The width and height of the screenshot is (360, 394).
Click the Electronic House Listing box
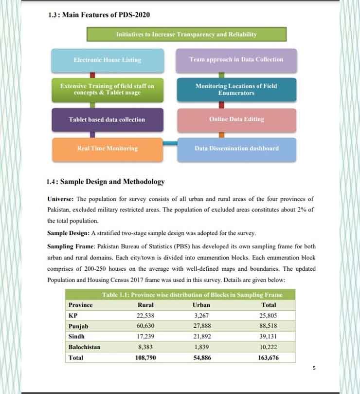(x=108, y=60)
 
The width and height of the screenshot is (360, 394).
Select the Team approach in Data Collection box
(x=236, y=59)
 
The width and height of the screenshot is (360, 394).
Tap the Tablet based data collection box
(x=107, y=119)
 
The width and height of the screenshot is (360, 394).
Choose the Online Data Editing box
(x=236, y=119)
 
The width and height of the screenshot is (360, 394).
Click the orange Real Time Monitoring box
(x=107, y=149)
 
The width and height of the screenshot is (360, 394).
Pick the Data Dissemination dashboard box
(x=236, y=149)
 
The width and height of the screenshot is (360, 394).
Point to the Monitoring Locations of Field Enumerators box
(x=236, y=89)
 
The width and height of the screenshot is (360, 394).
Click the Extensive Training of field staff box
(x=107, y=89)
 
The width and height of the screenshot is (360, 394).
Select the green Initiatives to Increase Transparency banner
(x=186, y=35)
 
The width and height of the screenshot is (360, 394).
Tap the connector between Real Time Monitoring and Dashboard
(x=170, y=143)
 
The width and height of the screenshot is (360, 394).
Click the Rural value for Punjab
(x=146, y=326)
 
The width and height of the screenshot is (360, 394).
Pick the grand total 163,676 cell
(x=269, y=358)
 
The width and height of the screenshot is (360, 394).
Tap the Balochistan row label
(x=85, y=347)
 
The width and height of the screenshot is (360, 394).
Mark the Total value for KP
(x=269, y=315)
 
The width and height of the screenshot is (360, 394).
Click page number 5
(x=314, y=369)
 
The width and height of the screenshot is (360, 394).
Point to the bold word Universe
(x=60, y=199)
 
